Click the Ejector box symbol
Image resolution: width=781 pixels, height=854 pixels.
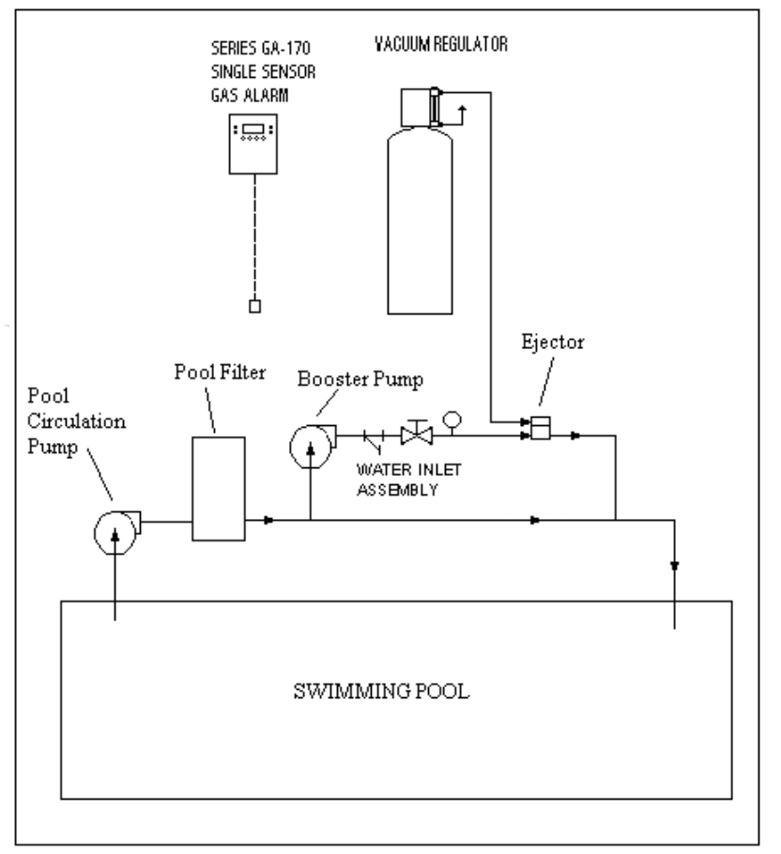pyautogui.click(x=541, y=428)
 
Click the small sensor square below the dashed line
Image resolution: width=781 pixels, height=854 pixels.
pyautogui.click(x=253, y=306)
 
